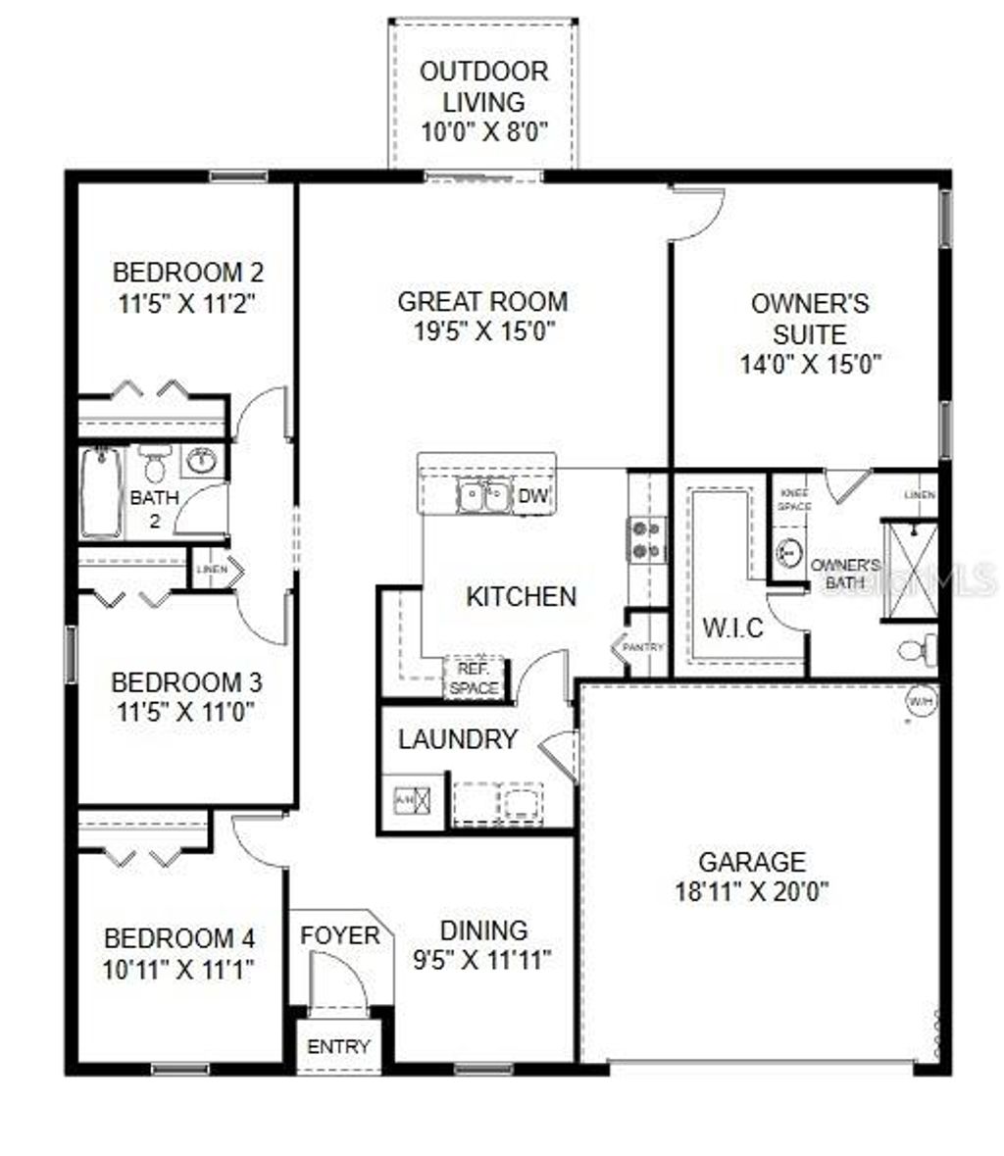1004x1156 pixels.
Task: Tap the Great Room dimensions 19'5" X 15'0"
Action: pyautogui.click(x=482, y=331)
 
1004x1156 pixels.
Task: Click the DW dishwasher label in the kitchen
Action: pyautogui.click(x=532, y=497)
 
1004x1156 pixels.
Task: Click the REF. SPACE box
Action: pyautogui.click(x=474, y=679)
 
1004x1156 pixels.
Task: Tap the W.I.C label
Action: pyautogui.click(x=733, y=628)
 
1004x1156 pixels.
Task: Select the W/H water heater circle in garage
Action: pyautogui.click(x=921, y=702)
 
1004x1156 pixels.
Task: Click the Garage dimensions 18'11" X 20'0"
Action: pyautogui.click(x=752, y=891)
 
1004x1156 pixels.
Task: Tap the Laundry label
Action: pyautogui.click(x=457, y=739)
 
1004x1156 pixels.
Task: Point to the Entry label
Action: pyautogui.click(x=338, y=1046)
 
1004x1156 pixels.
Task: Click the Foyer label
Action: pyautogui.click(x=339, y=935)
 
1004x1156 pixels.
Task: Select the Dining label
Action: pyautogui.click(x=483, y=930)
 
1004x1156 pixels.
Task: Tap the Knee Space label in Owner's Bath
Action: pyautogui.click(x=794, y=500)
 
